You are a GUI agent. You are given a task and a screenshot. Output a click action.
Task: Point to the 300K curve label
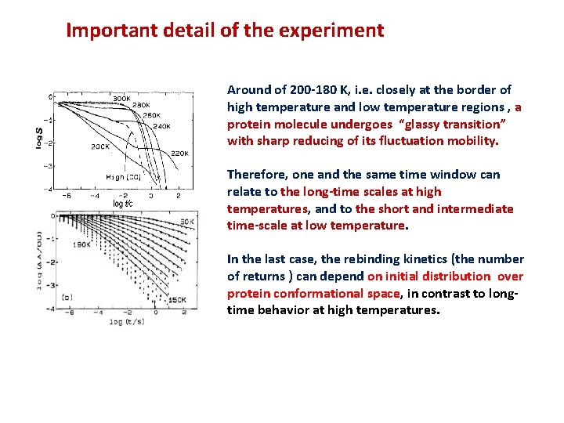click(121, 99)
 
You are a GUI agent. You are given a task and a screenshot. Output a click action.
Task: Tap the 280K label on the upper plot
click(141, 105)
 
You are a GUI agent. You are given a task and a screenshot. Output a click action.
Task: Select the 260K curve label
click(152, 115)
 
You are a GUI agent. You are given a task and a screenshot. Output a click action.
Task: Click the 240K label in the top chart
click(161, 125)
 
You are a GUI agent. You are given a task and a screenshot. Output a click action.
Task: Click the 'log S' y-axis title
click(38, 136)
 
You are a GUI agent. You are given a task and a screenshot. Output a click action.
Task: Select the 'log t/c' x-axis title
click(124, 204)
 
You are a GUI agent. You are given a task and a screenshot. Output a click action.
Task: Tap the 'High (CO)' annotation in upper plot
click(123, 177)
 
